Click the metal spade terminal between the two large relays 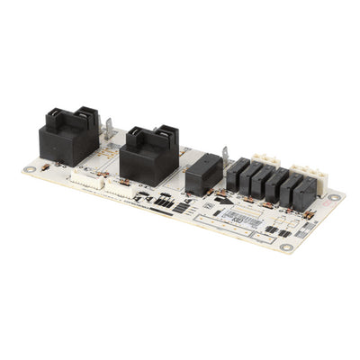(110, 128)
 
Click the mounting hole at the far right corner (334, 197)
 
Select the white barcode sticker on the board (238, 217)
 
